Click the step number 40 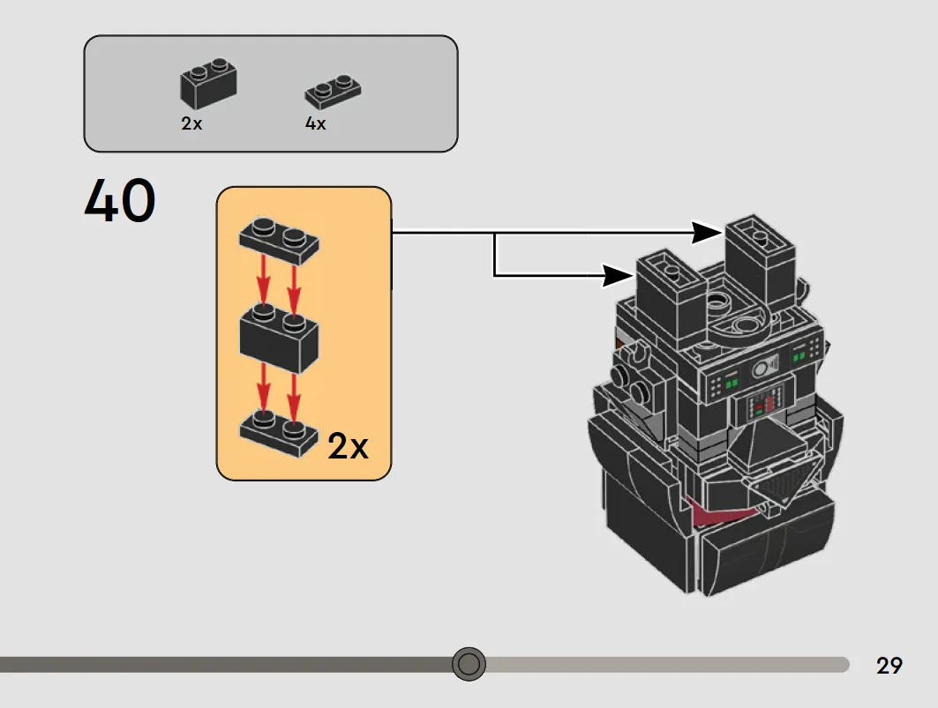pos(120,200)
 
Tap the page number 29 pos(889,666)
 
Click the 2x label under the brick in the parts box pos(191,123)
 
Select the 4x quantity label pos(315,123)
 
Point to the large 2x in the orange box pos(349,446)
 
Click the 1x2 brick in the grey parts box pos(208,83)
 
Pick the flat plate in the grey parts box pos(333,92)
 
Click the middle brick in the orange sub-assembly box pos(279,338)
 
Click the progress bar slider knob pos(469,664)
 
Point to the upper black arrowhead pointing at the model pos(707,233)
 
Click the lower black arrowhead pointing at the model pos(618,276)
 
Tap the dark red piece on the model pos(713,512)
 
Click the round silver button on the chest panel pos(760,369)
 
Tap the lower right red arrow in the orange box pos(293,396)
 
